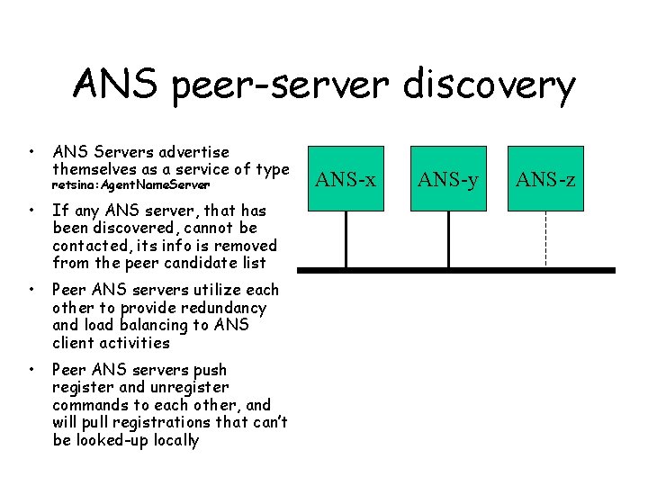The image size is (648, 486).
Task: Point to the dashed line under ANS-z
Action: [x=545, y=238]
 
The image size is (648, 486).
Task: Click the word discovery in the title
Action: [x=490, y=86]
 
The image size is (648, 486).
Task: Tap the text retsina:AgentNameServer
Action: [x=130, y=184]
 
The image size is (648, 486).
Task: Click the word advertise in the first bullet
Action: [x=190, y=152]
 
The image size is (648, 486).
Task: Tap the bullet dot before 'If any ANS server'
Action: [x=31, y=210]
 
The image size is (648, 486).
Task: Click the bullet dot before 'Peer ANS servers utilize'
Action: [x=31, y=289]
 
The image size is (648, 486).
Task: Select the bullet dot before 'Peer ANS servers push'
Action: [x=31, y=369]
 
